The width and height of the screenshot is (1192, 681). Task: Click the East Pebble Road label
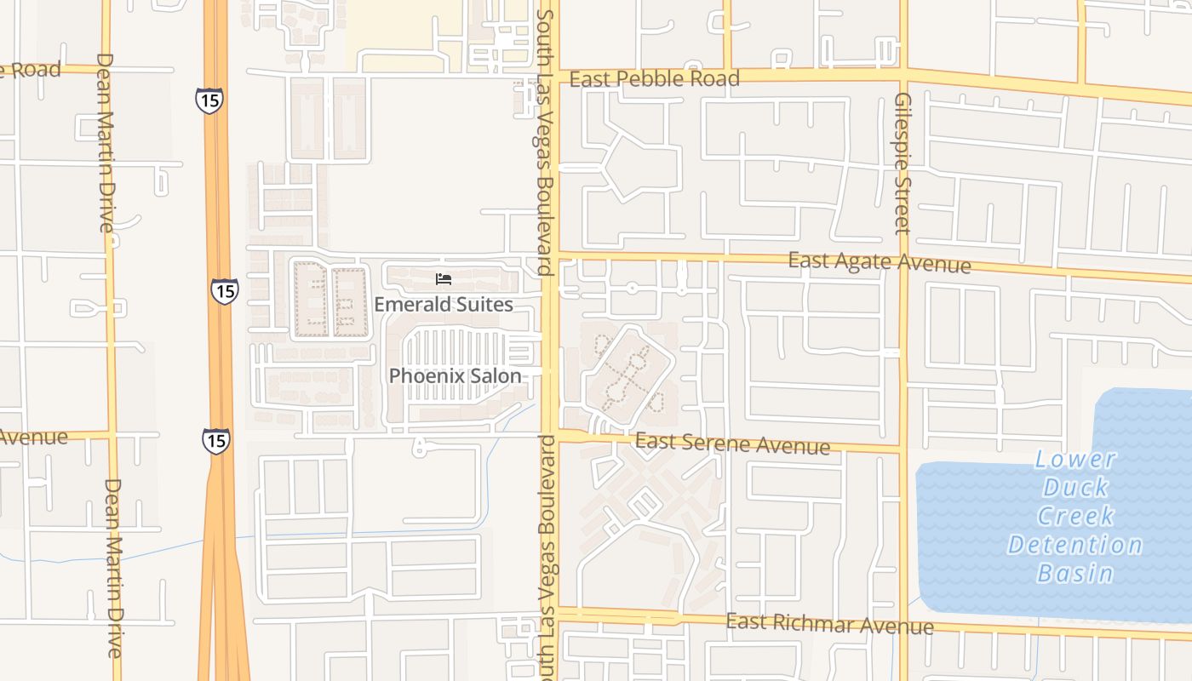coord(654,79)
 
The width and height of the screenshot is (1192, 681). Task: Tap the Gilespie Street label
coord(903,163)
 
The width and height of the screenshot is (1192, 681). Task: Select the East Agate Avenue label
coord(879,262)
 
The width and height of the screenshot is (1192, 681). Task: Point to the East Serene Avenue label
coord(732,444)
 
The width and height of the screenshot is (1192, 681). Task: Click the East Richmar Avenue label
coord(829,624)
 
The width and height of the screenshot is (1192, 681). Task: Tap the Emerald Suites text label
coord(444,304)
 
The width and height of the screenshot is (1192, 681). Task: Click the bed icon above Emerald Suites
coord(443,279)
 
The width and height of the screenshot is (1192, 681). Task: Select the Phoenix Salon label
coord(455,375)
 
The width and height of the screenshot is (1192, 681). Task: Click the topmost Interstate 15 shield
coord(209,100)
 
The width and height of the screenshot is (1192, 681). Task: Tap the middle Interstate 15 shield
coord(225,291)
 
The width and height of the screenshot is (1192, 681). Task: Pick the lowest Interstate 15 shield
coord(215,440)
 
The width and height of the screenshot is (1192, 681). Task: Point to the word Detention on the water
coord(1075,545)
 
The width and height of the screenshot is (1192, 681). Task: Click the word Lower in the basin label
coord(1075,460)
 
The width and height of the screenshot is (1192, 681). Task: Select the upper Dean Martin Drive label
coord(106,142)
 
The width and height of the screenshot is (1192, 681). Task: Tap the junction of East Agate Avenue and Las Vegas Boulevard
coord(550,256)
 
